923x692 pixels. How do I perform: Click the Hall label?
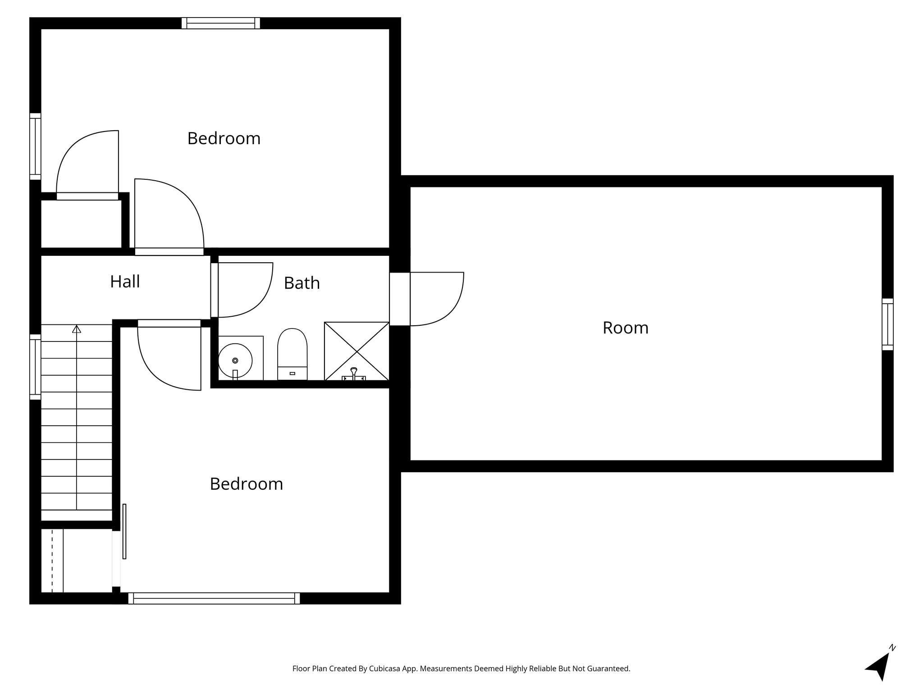(x=125, y=282)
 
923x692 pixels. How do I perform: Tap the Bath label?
(x=302, y=283)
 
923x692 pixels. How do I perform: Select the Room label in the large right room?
(x=625, y=328)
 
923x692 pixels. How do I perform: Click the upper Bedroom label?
(x=224, y=138)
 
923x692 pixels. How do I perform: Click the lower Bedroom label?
(x=246, y=483)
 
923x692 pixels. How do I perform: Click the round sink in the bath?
(x=235, y=360)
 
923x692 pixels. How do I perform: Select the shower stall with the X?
(x=356, y=351)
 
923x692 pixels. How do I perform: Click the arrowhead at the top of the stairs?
(x=77, y=329)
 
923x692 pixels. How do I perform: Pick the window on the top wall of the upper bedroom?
(x=221, y=23)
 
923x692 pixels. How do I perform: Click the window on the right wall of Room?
(x=887, y=324)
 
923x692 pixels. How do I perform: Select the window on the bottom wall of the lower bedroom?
(x=214, y=598)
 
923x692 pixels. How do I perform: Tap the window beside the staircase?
(x=35, y=367)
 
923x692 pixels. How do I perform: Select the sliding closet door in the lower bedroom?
(x=124, y=532)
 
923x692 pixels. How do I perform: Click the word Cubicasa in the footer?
(x=385, y=669)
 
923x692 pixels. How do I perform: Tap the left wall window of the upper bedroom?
(x=35, y=146)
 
